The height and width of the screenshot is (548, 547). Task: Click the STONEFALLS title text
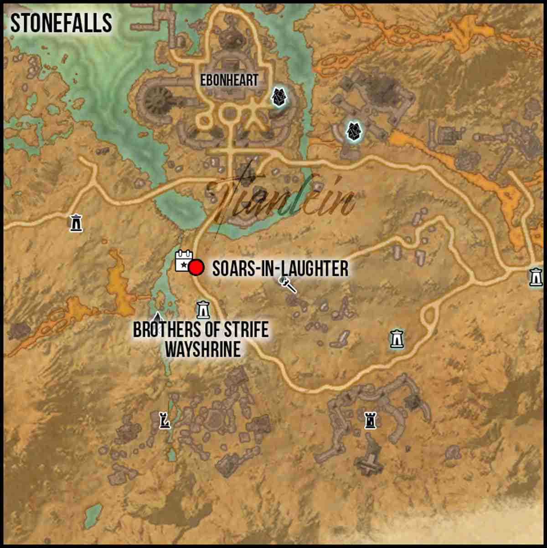[61, 23]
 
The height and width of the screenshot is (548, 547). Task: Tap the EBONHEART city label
[229, 81]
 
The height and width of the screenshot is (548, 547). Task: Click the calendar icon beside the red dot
[183, 260]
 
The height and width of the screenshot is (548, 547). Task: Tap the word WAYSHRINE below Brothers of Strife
[202, 349]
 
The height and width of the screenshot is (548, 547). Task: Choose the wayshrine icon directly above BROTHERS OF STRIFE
[203, 310]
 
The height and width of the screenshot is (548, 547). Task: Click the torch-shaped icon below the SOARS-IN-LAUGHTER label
[288, 284]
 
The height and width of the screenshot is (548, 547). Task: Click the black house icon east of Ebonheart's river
[353, 132]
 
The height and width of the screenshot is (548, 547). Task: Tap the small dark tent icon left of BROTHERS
[157, 316]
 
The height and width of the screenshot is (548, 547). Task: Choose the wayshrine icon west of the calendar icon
[76, 222]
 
